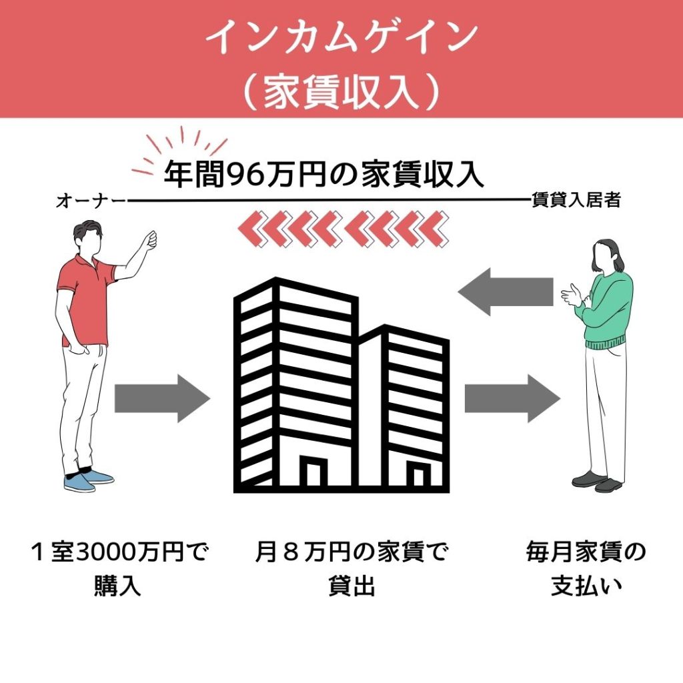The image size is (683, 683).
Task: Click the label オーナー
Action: point(91,200)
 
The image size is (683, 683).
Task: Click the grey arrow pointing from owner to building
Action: point(162,398)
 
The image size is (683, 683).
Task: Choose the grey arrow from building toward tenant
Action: point(512,398)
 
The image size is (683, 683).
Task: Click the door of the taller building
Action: point(313,472)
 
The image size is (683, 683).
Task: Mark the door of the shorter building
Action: point(418,476)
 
